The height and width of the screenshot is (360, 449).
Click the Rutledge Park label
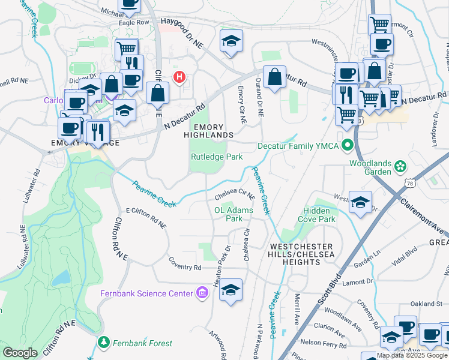click(216, 157)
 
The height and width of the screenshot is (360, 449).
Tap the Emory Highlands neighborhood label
click(208, 131)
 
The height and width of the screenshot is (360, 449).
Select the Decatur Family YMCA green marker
click(347, 146)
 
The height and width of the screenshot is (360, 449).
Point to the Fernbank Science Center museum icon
click(202, 293)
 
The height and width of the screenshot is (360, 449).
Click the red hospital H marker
click(178, 77)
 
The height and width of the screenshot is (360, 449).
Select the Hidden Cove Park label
click(316, 215)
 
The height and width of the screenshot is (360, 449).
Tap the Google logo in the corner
click(20, 353)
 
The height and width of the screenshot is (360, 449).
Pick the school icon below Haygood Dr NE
click(231, 41)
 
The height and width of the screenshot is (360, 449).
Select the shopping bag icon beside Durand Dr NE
click(274, 77)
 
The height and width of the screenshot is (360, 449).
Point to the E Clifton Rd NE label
click(145, 217)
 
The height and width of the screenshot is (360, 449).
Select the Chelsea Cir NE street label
click(235, 195)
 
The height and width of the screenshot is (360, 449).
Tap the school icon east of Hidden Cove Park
click(360, 202)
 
